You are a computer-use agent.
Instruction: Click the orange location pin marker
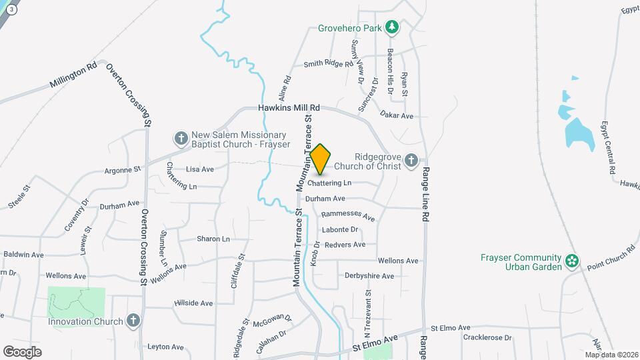click(321, 159)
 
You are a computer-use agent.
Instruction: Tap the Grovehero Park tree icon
click(393, 27)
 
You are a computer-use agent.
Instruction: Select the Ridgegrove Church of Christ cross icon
click(411, 161)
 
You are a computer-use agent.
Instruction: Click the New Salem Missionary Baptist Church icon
click(181, 139)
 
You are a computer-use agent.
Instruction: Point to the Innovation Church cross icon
click(133, 321)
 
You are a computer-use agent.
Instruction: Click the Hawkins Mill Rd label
click(289, 107)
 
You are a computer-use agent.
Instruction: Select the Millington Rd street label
click(73, 76)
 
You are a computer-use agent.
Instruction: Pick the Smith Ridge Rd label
click(328, 64)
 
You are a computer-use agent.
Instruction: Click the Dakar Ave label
click(397, 115)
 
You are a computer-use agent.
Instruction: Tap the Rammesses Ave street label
click(348, 216)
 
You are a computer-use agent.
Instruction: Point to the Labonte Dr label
click(340, 230)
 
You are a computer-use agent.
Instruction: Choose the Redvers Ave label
click(345, 245)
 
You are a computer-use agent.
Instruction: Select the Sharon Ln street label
click(213, 239)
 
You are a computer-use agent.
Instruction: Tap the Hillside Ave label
click(193, 303)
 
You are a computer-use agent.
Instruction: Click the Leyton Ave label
click(165, 347)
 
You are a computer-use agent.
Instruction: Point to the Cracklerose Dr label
click(489, 338)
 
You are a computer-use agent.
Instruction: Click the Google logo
click(23, 351)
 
